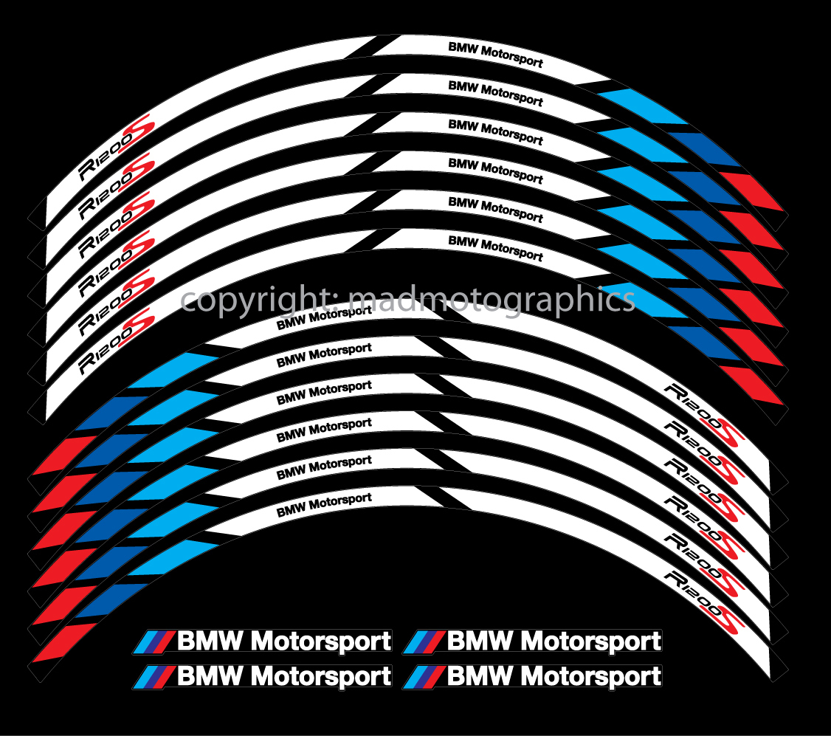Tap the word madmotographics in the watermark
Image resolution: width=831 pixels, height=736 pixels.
pyautogui.click(x=492, y=300)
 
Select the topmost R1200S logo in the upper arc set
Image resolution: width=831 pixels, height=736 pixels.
pyautogui.click(x=115, y=149)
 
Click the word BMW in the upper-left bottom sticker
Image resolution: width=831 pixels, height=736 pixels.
pyautogui.click(x=210, y=641)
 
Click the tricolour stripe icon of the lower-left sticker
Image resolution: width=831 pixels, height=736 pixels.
pyautogui.click(x=156, y=676)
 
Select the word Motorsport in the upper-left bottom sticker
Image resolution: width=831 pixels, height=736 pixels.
pyautogui.click(x=322, y=641)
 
